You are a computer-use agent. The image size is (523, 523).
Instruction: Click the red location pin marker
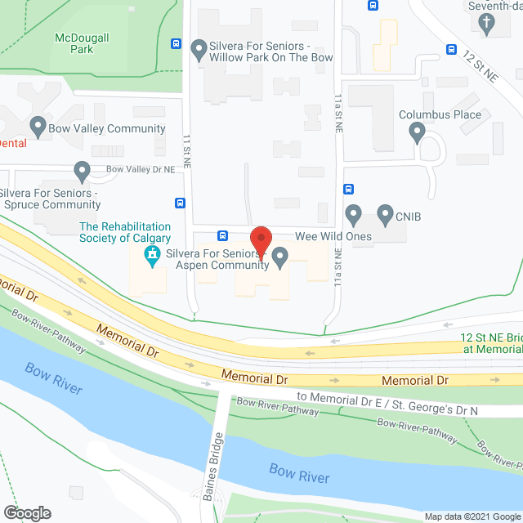click(x=261, y=241)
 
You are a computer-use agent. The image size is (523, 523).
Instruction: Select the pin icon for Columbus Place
click(x=418, y=132)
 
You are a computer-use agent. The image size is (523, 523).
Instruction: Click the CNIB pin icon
click(x=385, y=216)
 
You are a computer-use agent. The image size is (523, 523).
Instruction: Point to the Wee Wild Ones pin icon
click(x=353, y=216)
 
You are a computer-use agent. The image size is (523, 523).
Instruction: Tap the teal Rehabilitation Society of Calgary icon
click(x=151, y=258)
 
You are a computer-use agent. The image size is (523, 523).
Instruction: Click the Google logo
click(x=26, y=513)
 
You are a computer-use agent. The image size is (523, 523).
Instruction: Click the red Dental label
click(x=12, y=143)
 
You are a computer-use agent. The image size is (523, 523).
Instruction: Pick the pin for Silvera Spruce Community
click(x=81, y=172)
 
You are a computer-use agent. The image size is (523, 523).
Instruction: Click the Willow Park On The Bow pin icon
click(x=198, y=51)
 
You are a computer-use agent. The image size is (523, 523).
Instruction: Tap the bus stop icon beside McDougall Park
click(x=177, y=43)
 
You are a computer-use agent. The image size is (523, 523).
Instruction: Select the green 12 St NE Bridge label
click(x=490, y=342)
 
